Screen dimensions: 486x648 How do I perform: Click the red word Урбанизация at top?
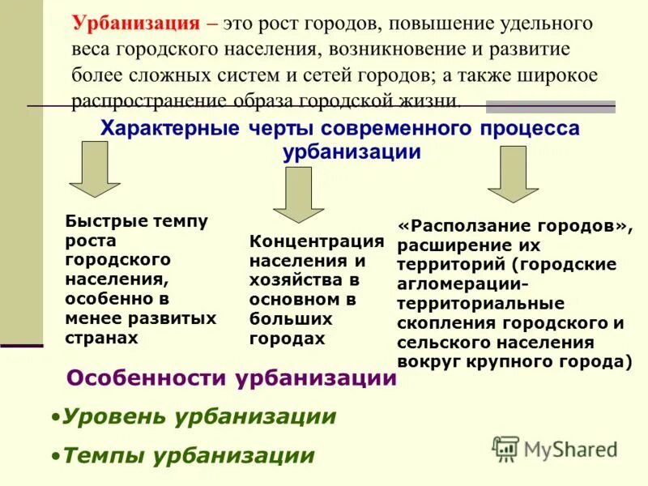(132, 24)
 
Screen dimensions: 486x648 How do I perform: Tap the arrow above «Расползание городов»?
(512, 173)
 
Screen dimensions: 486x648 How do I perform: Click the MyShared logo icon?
(506, 449)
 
